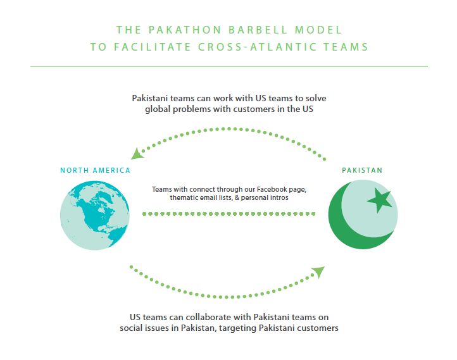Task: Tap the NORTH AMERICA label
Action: [x=95, y=170]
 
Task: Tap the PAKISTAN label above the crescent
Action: [x=362, y=170]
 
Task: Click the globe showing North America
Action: [x=95, y=216]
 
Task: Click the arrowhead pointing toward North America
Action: [x=136, y=152]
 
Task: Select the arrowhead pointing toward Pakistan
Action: [x=318, y=272]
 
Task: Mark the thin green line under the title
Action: [x=228, y=66]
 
